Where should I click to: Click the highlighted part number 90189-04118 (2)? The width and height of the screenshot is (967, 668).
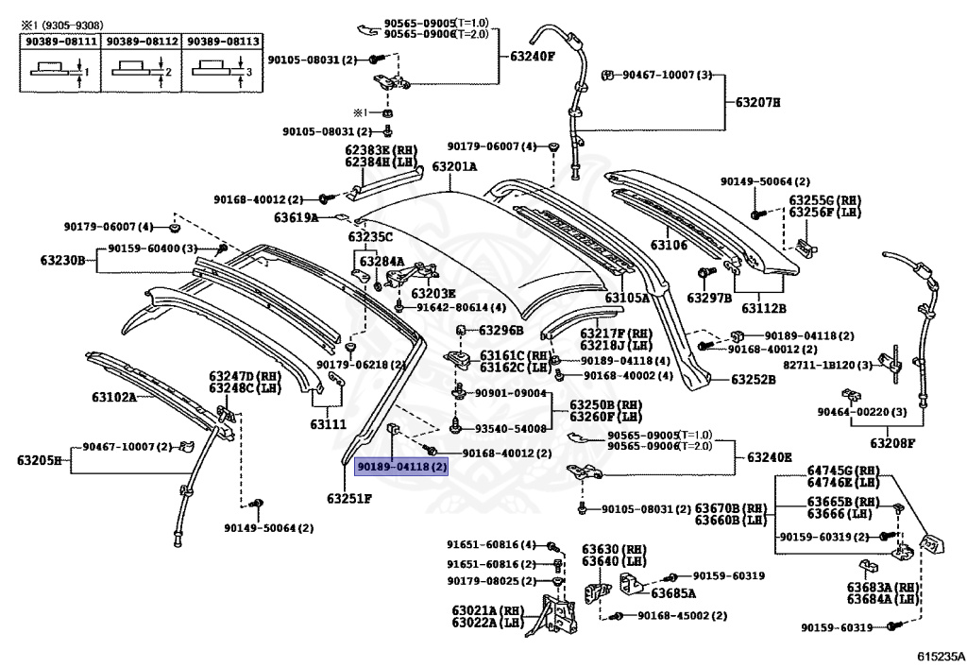402,467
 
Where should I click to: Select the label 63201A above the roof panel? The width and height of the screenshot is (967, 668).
454,166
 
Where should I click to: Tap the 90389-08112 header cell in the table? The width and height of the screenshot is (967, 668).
142,42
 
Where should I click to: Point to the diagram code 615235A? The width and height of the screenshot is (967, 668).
940,656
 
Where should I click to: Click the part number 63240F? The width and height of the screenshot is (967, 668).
533,56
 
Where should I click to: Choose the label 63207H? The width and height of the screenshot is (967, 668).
757,102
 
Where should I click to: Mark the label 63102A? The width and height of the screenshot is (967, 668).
114,397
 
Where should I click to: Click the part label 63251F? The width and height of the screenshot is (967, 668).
349,498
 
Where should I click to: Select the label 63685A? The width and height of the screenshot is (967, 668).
673,593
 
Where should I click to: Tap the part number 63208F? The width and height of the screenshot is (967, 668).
893,443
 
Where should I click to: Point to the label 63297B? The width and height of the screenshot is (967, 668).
709,298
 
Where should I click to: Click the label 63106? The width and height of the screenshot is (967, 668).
669,246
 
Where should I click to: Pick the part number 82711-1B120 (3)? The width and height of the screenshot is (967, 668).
827,365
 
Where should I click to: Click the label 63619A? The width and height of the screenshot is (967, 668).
297,217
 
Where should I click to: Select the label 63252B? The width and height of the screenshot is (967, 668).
754,379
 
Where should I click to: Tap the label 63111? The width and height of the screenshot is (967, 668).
328,424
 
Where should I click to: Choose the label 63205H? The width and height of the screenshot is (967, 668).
40,460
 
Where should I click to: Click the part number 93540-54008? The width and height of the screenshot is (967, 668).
511,429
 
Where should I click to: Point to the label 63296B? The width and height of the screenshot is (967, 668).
500,331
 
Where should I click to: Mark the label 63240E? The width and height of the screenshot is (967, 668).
770,457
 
